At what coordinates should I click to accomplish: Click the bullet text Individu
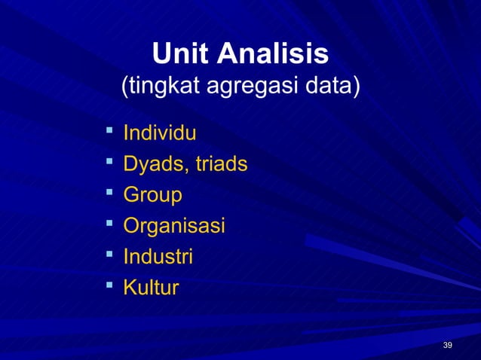coord(160,134)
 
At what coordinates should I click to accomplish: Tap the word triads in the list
coord(222,164)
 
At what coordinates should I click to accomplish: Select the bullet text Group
coord(152,195)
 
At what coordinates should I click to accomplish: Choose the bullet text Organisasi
coord(174,226)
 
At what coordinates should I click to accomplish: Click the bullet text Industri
coord(158,257)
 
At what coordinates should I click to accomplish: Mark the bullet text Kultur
coord(151,288)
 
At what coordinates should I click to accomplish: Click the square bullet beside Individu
coord(109,132)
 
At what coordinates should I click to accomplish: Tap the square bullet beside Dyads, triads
coord(109,162)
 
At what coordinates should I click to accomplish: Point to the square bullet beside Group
coord(109,193)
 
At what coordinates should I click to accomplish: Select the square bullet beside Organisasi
coord(109,224)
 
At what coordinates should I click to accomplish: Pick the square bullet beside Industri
coord(109,255)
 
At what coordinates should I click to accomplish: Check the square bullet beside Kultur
coord(109,285)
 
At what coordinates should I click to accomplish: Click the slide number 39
coord(448,345)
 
